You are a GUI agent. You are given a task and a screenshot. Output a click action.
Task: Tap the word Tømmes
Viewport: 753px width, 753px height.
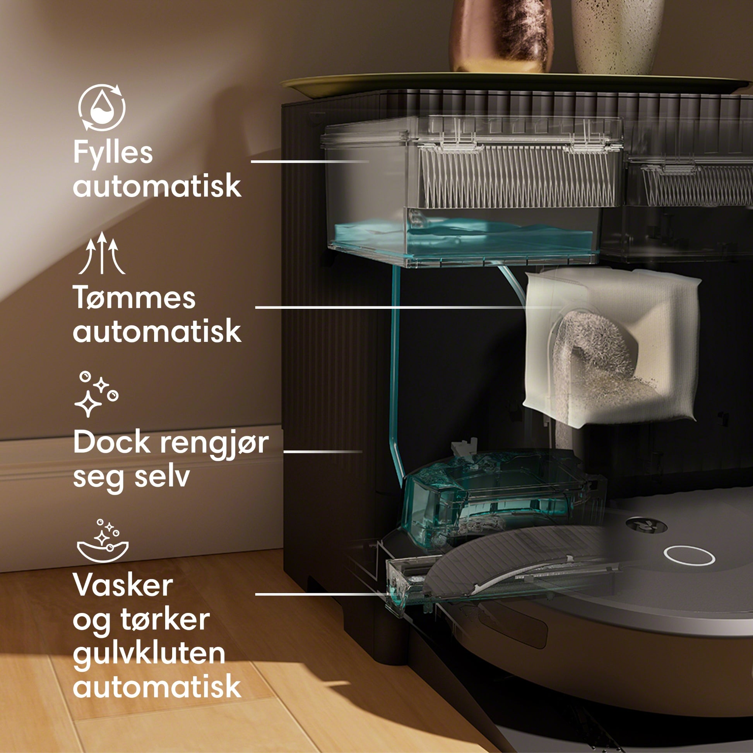coord(134,298)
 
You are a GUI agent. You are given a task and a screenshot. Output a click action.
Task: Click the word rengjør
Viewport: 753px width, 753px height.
coord(215,445)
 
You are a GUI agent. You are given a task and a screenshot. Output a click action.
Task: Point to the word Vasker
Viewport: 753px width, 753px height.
coord(123,585)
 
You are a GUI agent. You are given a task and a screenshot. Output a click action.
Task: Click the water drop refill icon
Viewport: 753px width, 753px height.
coord(102,107)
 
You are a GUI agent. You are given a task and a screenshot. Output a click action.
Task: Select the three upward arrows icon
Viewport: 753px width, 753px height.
coord(102,253)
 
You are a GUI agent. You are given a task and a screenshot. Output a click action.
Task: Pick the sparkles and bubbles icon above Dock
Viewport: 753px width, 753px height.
coord(96,394)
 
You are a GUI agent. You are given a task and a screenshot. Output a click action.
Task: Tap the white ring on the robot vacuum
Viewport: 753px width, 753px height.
coord(690,555)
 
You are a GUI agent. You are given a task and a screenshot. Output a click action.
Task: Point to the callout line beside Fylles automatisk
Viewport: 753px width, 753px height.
coord(310,161)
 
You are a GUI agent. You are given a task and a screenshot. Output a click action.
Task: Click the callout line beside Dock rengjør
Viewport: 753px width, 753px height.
coord(323,451)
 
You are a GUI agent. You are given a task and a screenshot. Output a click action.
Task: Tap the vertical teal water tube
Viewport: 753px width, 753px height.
coord(395,374)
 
